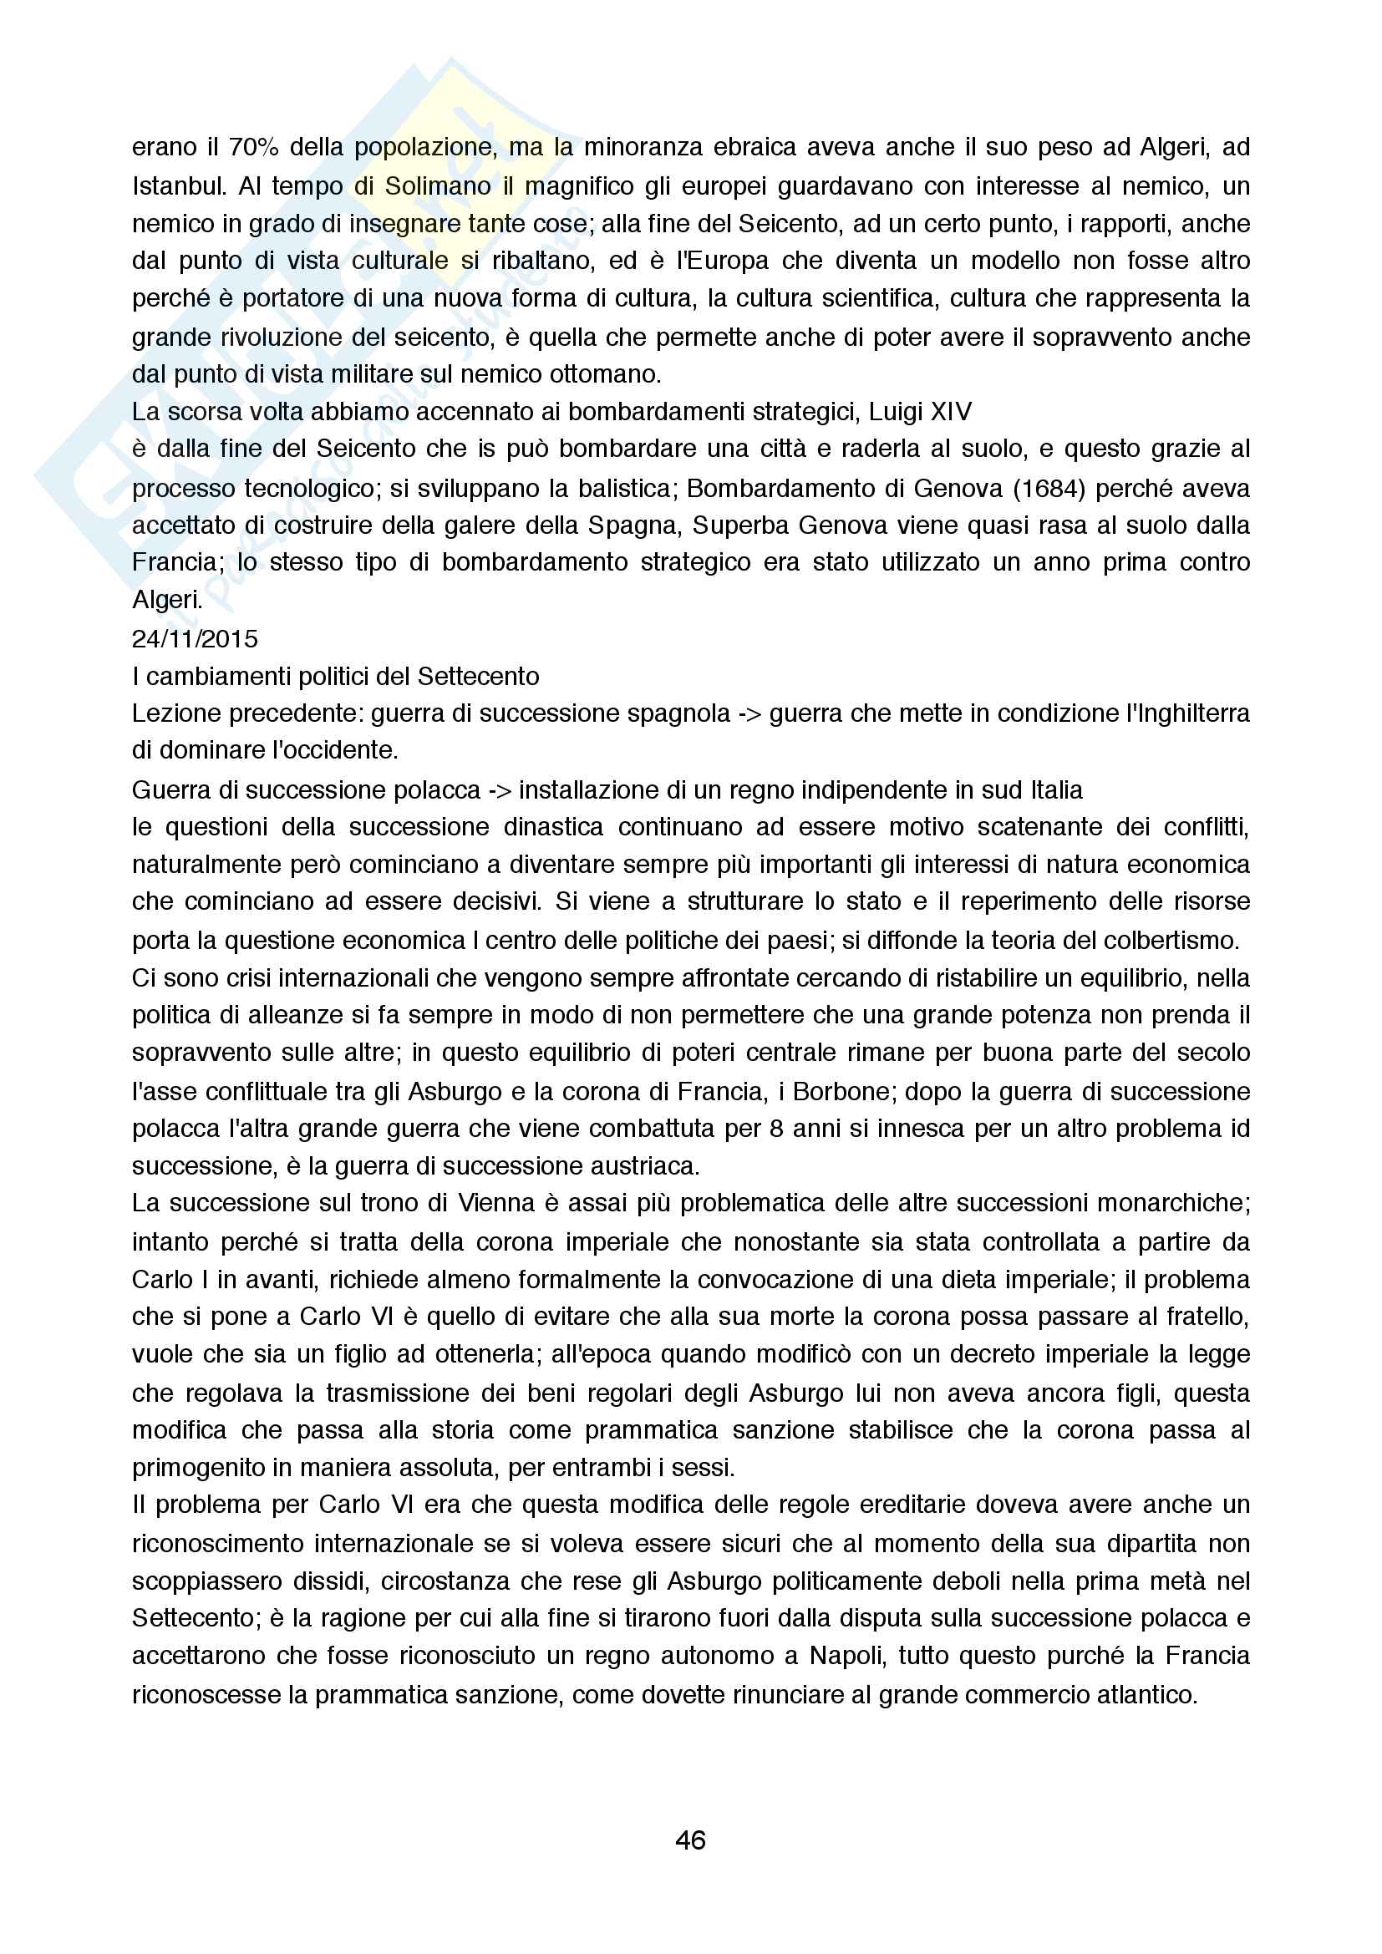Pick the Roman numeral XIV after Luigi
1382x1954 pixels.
(951, 412)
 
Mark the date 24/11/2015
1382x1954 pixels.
(195, 638)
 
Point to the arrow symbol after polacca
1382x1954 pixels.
(500, 789)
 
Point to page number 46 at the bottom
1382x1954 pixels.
(690, 1840)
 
